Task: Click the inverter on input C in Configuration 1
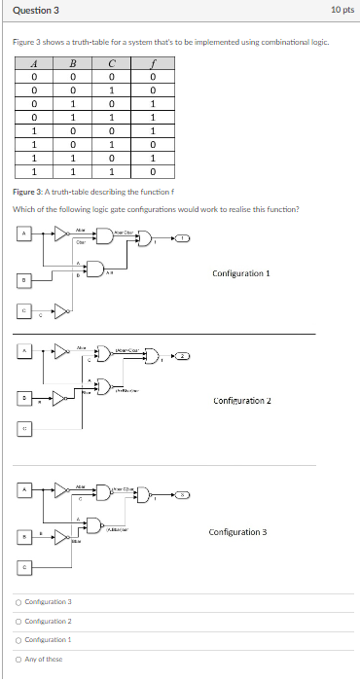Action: (61, 311)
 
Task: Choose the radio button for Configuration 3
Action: (18, 603)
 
